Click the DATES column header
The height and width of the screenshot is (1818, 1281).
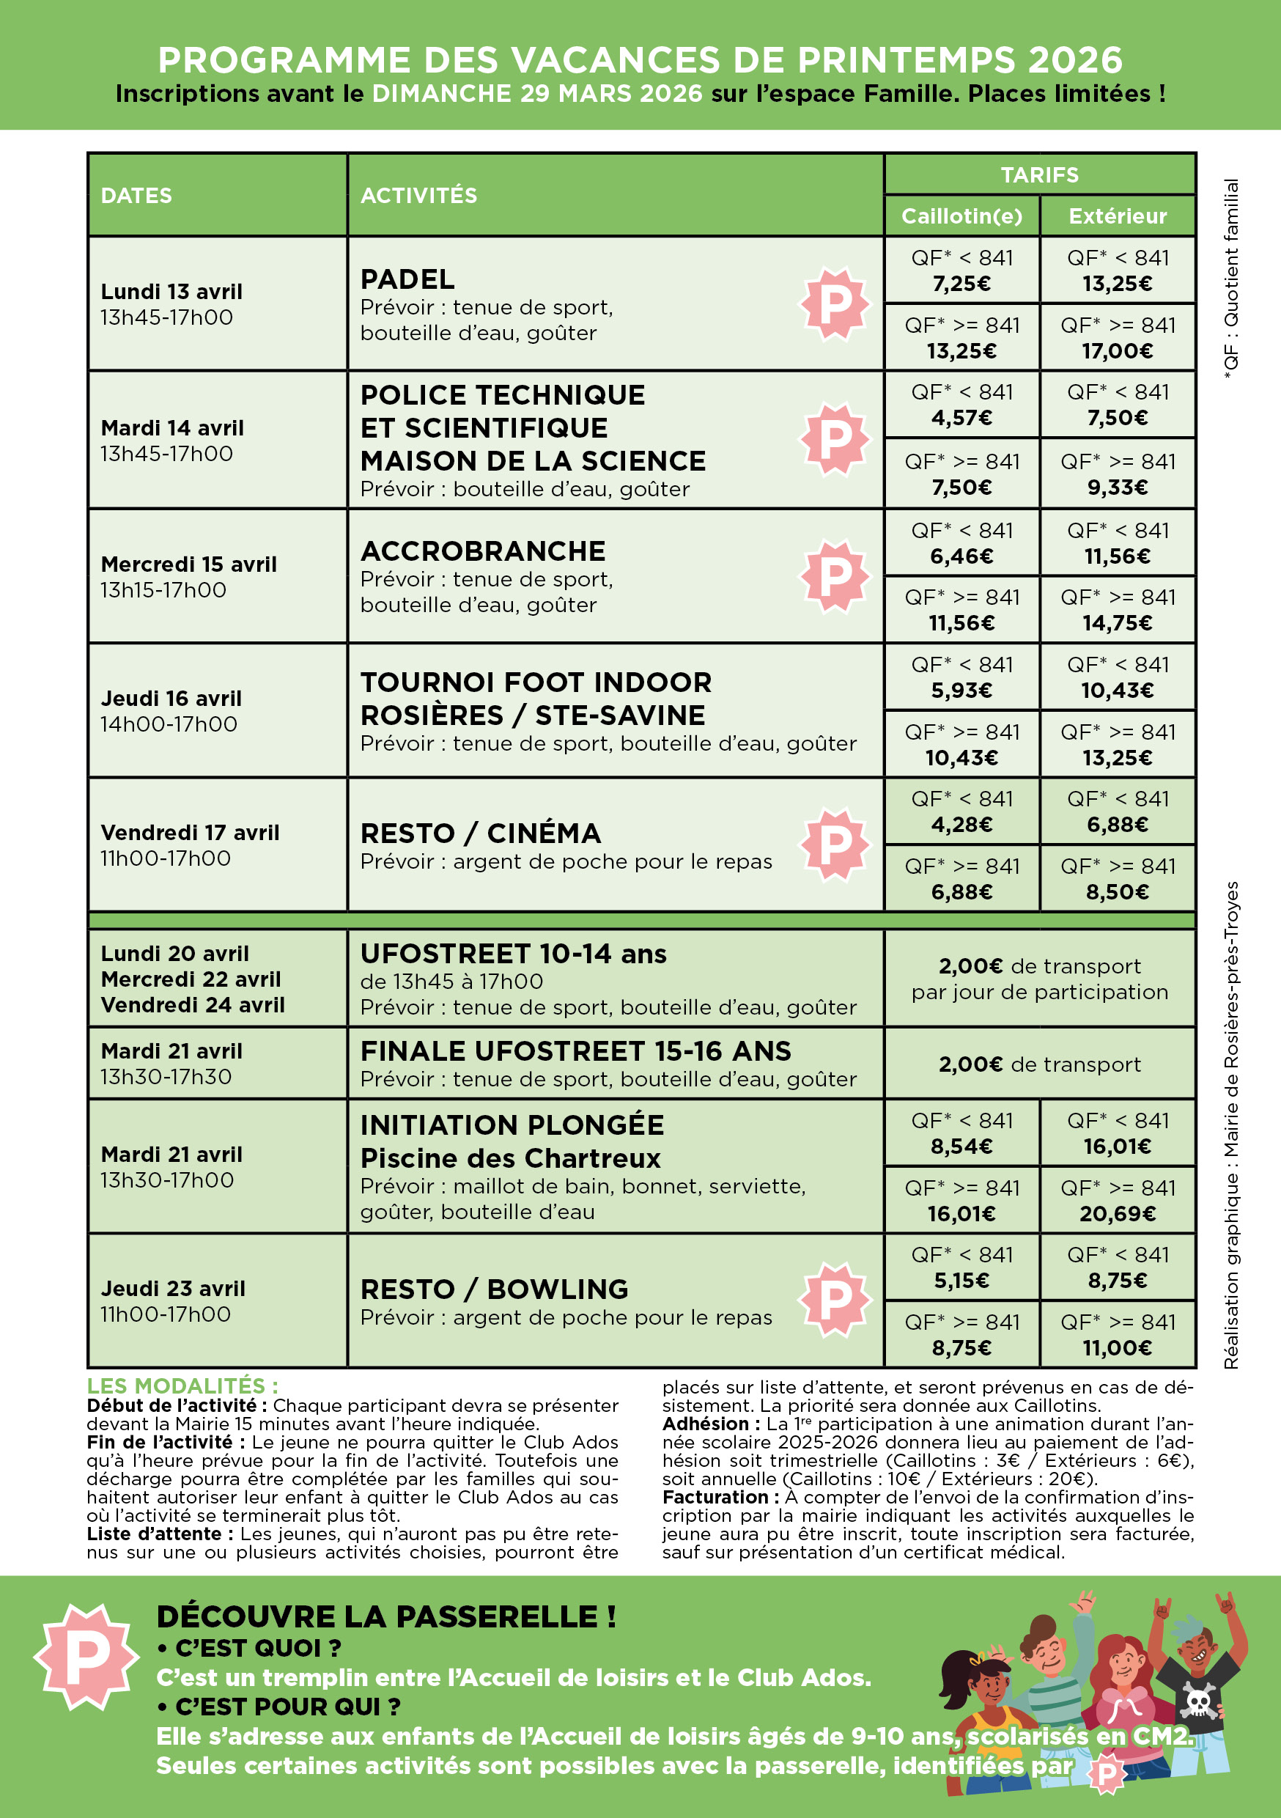click(x=136, y=196)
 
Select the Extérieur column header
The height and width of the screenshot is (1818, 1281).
click(x=1117, y=216)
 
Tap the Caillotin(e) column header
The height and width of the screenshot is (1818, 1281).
click(x=961, y=216)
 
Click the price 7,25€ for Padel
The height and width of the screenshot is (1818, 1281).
click(x=961, y=284)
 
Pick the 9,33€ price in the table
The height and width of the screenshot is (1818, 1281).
click(x=1117, y=487)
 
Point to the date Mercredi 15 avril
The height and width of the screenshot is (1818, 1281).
click(x=188, y=564)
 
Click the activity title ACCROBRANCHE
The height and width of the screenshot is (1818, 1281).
click(x=483, y=551)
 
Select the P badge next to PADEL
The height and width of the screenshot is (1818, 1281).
click(x=835, y=303)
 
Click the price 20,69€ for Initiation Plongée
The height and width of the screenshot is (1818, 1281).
click(x=1117, y=1213)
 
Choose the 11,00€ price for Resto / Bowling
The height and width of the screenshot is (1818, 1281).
click(x=1117, y=1347)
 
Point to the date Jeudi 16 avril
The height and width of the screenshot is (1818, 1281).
click(x=171, y=699)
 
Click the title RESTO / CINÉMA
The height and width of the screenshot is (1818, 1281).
click(x=481, y=833)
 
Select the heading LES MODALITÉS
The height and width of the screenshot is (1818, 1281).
click(x=182, y=1385)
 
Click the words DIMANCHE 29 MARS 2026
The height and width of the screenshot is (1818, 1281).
click(x=536, y=93)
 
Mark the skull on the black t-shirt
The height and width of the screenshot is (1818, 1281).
click(x=1199, y=1701)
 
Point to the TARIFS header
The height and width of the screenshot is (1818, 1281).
click(x=1038, y=175)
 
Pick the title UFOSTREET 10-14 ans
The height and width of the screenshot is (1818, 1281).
click(x=513, y=953)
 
